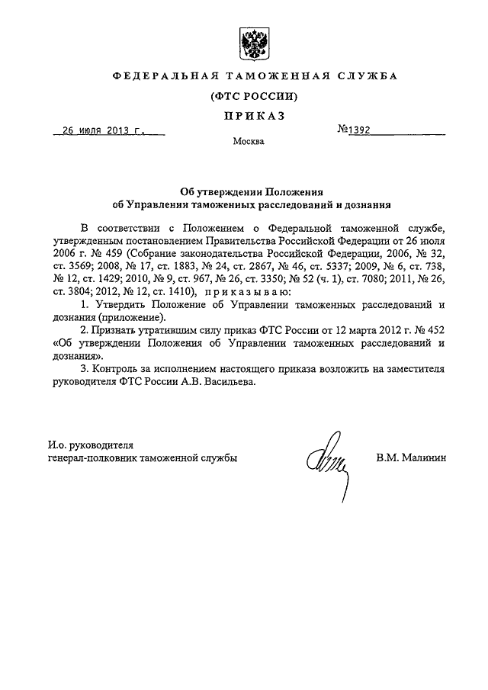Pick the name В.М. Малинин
tap(410, 458)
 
